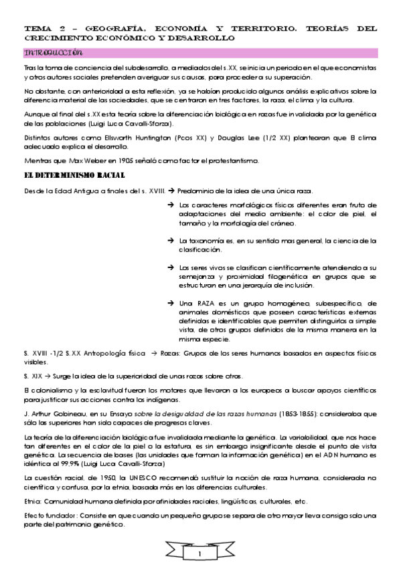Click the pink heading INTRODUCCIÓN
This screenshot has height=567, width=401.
[53, 52]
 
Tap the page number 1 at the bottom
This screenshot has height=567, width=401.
[200, 555]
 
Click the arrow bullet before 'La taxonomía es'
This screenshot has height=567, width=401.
[171, 240]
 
